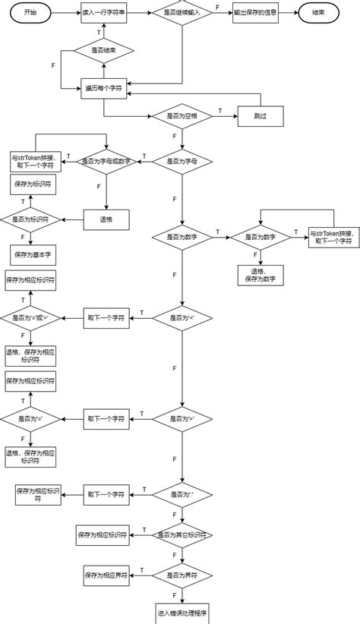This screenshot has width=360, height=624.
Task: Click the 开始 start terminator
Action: (30, 14)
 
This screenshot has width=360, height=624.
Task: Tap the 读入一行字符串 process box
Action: (103, 14)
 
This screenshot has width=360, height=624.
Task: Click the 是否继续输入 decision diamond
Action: (182, 14)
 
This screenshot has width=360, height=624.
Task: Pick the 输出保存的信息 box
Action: (256, 14)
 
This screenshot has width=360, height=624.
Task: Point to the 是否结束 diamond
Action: (103, 50)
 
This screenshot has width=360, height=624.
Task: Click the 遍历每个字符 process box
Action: (103, 89)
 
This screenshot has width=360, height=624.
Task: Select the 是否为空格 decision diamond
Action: (182, 116)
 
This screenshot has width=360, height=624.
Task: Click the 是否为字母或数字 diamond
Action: (106, 161)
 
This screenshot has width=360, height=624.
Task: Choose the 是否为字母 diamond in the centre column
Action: (182, 161)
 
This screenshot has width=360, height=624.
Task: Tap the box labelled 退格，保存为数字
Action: (261, 274)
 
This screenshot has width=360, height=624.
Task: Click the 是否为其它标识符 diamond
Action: (182, 535)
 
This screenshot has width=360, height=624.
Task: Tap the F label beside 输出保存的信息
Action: (219, 7)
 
